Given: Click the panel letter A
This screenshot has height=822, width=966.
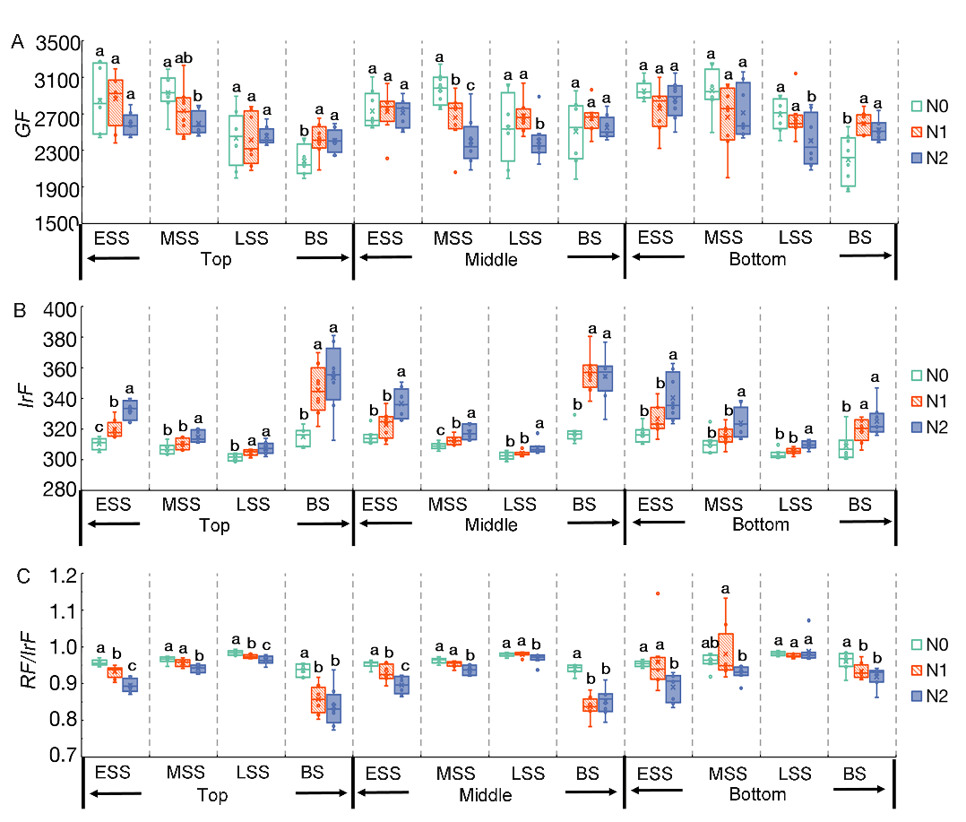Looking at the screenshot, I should coord(17,41).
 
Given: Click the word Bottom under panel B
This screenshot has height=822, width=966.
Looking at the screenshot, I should coord(760,525).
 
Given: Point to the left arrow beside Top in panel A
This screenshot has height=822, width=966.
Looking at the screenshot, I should coord(114,258).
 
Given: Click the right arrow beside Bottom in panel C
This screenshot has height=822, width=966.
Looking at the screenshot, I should coord(859,789).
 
